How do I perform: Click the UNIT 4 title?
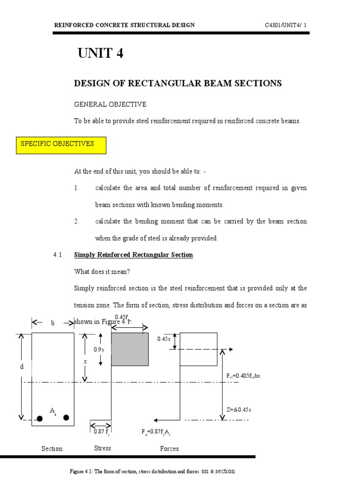(100, 53)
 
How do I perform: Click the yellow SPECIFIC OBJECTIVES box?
(61, 145)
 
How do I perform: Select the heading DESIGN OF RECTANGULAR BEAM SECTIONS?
(178, 83)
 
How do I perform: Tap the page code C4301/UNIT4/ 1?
(286, 25)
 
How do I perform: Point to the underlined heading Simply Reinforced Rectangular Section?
(134, 255)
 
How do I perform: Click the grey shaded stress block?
(129, 349)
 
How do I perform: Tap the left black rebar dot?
(40, 418)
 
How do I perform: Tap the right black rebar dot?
(66, 418)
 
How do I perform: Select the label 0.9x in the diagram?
(99, 349)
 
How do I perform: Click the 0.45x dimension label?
(164, 339)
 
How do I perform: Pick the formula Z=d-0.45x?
(239, 410)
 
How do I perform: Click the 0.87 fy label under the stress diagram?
(101, 432)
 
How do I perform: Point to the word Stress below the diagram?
(103, 448)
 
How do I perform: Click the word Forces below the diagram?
(169, 449)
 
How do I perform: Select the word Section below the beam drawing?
(52, 449)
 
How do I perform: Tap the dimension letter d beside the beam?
(21, 367)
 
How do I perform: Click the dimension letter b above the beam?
(52, 323)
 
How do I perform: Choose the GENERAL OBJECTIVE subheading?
(110, 104)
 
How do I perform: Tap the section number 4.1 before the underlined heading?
(58, 255)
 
